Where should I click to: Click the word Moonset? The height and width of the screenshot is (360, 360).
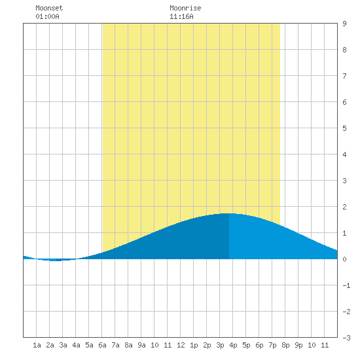pos(49,8)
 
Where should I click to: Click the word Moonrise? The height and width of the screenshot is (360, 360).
pos(185,8)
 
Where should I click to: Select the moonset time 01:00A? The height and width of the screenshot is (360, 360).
pos(47,16)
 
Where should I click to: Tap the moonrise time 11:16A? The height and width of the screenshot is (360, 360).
pos(181,16)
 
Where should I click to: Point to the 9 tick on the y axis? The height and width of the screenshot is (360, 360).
pos(344,24)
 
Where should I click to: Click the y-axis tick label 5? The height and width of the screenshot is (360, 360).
pos(344,128)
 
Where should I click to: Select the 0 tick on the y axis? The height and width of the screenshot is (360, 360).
pos(344,259)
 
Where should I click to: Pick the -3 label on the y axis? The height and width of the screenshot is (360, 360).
pos(346,338)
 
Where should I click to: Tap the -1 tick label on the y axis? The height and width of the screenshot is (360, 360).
pos(346,285)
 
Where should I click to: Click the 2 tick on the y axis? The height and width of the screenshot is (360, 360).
pos(344,207)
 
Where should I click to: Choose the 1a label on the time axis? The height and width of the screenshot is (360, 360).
pos(37,345)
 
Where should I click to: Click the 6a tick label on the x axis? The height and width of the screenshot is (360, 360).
pos(102,345)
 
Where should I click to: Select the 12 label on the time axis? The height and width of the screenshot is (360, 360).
pos(181,345)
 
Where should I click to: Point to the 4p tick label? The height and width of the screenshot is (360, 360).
pos(233,345)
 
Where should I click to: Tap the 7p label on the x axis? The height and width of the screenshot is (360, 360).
pos(272,345)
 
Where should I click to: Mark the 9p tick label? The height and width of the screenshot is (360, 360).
pos(298,345)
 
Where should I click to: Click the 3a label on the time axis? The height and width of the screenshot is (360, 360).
pos(63,345)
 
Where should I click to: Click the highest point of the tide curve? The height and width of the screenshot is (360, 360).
pos(229,213)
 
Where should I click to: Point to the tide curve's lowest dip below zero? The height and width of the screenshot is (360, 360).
pos(56,261)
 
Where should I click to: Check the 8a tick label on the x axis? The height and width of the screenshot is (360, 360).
pos(128,345)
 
